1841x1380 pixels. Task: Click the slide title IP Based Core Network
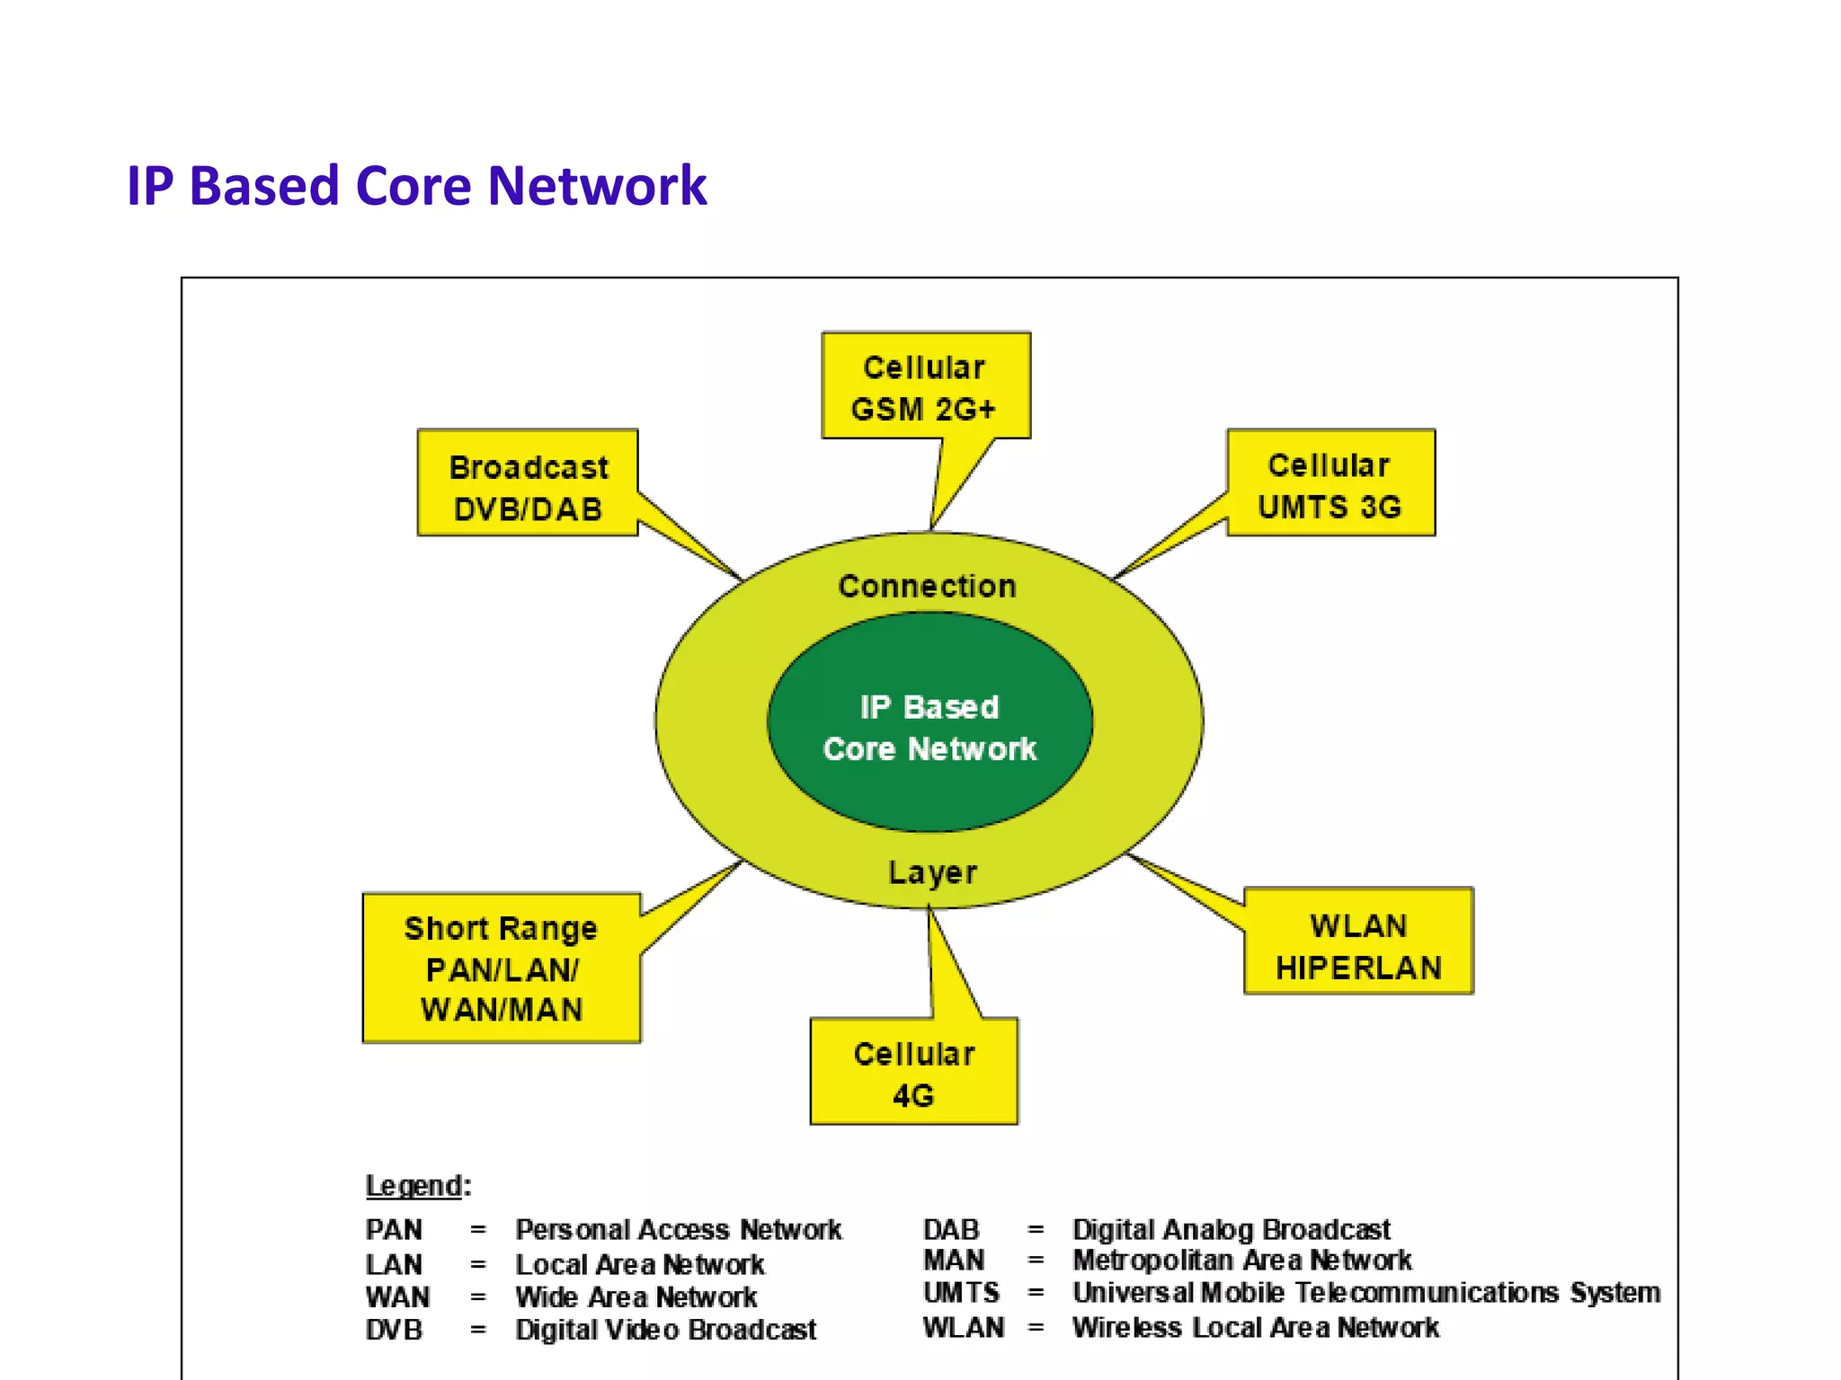tap(416, 186)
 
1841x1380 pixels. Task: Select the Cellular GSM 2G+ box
tap(925, 387)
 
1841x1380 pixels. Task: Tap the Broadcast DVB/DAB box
tap(528, 486)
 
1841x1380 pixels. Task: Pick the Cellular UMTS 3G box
tap(1330, 484)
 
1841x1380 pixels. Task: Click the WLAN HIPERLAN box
tap(1357, 943)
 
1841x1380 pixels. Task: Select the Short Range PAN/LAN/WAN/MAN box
tap(502, 969)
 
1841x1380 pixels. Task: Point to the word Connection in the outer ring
tap(927, 586)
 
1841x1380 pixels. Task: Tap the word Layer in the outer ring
tap(932, 872)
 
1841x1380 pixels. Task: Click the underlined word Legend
tap(414, 1186)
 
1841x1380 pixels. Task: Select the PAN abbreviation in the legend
tap(394, 1229)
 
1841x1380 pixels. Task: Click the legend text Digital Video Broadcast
tap(665, 1330)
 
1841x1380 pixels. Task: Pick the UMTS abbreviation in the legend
tap(960, 1293)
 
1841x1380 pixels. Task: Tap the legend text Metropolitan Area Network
tap(1241, 1261)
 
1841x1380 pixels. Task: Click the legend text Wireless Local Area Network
tap(1255, 1328)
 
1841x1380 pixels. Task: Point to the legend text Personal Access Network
tap(679, 1229)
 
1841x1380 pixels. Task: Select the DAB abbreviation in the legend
tap(950, 1229)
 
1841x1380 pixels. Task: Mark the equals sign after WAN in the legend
tap(478, 1298)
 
